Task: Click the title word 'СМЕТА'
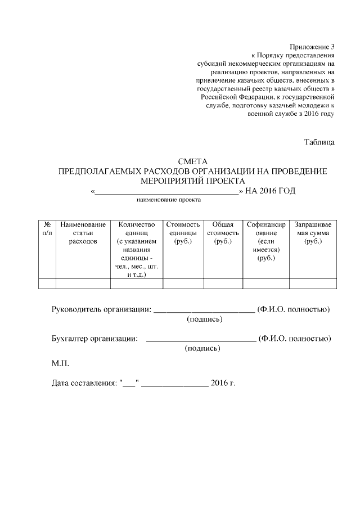click(193, 161)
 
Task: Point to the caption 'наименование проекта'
click(169, 200)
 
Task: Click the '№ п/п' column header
click(47, 228)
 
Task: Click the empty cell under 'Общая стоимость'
click(223, 283)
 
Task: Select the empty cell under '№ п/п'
click(47, 283)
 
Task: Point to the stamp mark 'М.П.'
click(60, 364)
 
